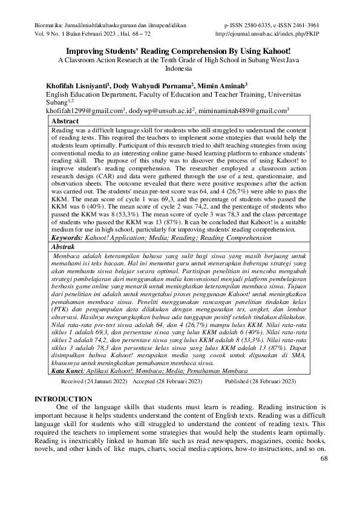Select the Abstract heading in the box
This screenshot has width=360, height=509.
[x=65, y=121]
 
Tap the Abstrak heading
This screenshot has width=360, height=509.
[x=64, y=264]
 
